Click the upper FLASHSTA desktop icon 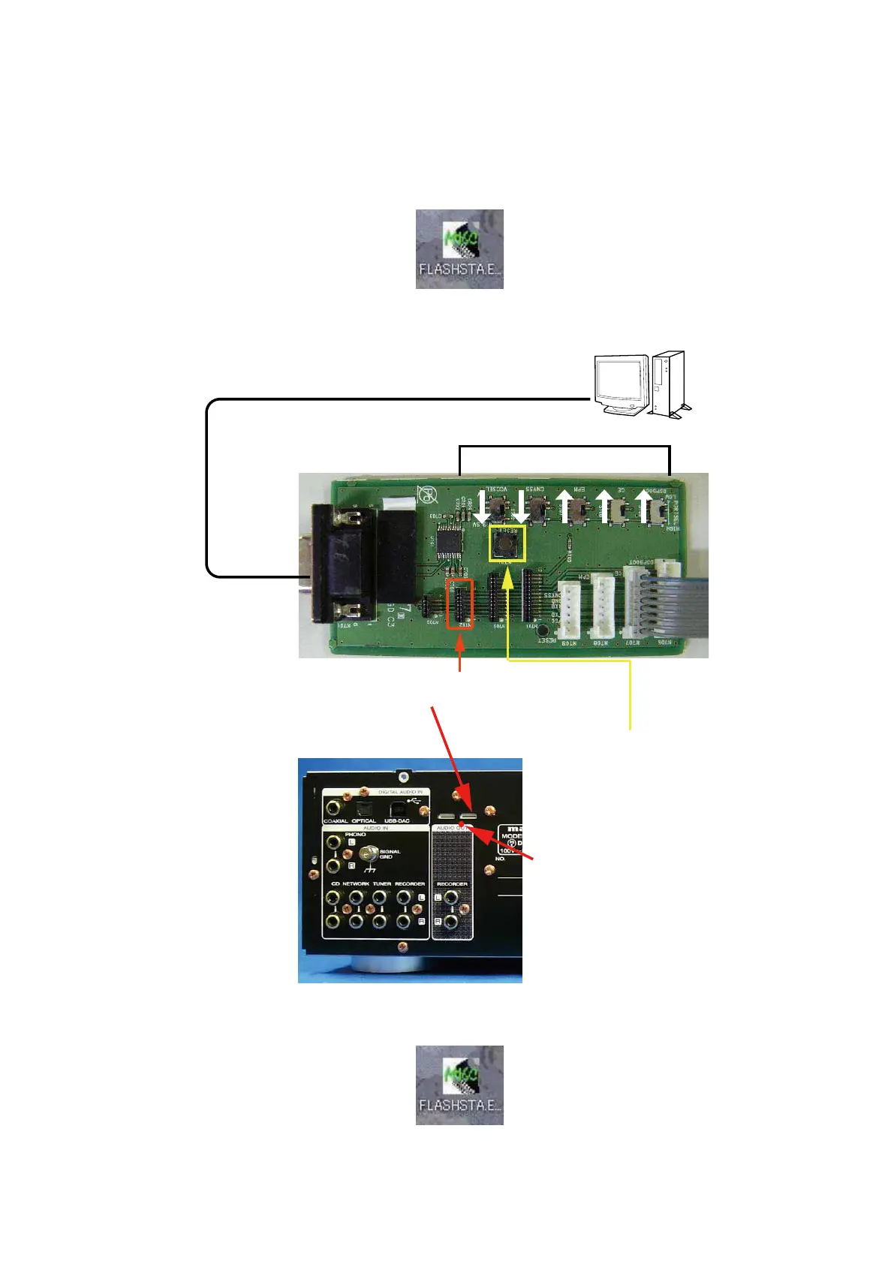click(x=459, y=248)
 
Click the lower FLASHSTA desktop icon click(x=459, y=1085)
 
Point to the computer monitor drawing click(x=622, y=384)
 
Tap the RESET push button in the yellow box click(x=508, y=543)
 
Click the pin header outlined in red click(x=459, y=603)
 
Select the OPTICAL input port click(x=363, y=808)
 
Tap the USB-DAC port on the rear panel click(x=397, y=809)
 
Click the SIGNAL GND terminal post click(x=368, y=853)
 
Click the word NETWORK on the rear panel click(x=356, y=884)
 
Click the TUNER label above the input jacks click(x=383, y=884)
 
